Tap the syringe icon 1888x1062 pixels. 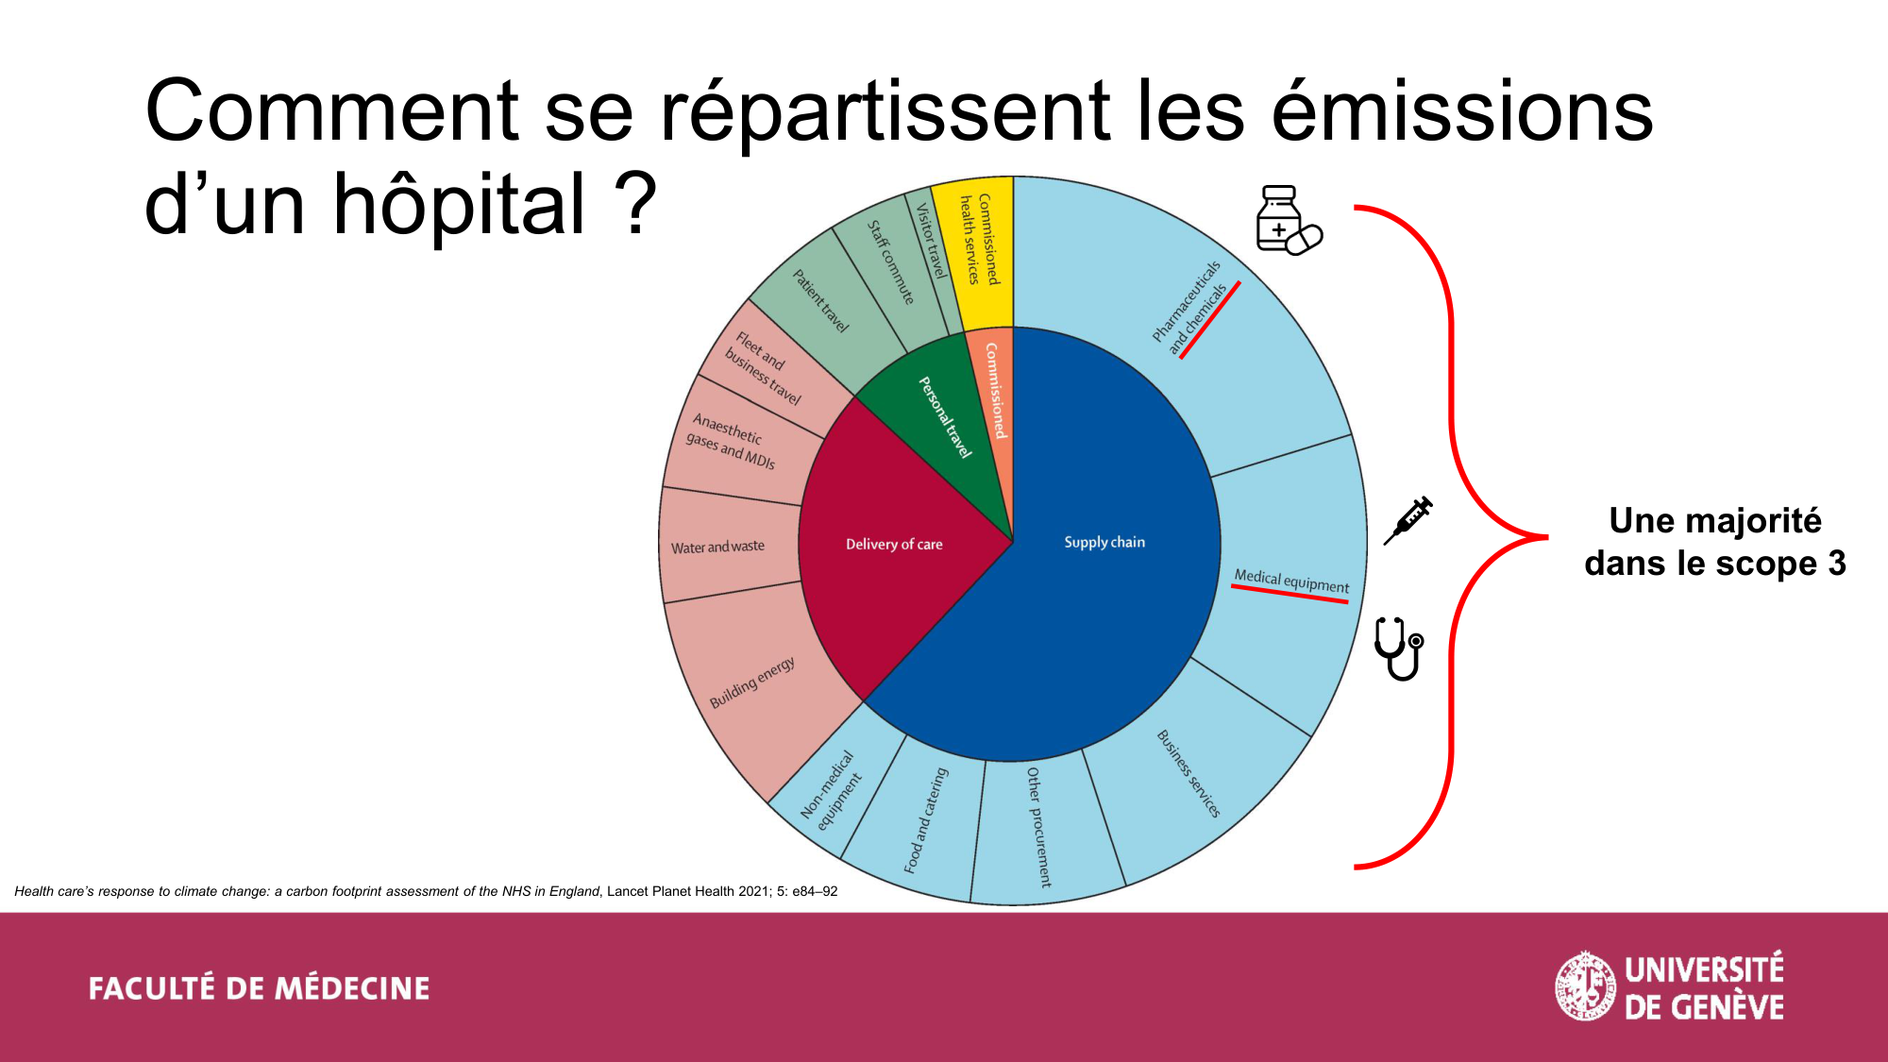click(x=1408, y=520)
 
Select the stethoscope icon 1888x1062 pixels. click(x=1399, y=648)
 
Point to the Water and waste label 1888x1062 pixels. click(x=717, y=547)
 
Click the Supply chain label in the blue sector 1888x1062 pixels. click(x=1104, y=542)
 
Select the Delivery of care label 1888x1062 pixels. click(x=894, y=544)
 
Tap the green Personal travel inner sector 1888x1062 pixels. click(x=935, y=425)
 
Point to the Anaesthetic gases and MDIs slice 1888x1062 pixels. click(x=732, y=441)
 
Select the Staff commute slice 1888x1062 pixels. click(x=887, y=269)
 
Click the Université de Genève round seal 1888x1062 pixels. click(x=1585, y=986)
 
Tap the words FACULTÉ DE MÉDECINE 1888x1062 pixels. click(x=259, y=988)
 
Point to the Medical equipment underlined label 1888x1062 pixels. click(x=1291, y=582)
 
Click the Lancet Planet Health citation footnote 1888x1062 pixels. click(x=426, y=891)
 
